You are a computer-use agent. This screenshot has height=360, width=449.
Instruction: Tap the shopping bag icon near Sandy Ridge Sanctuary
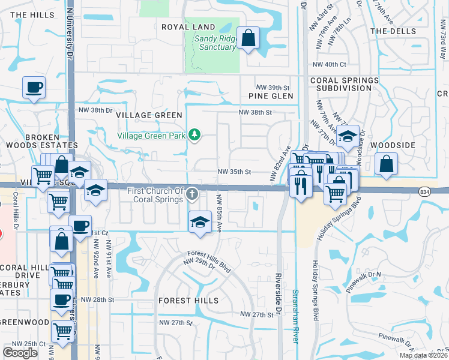coord(249,38)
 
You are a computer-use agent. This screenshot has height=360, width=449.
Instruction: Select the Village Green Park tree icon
coord(194,135)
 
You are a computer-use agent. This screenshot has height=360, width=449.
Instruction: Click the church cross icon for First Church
coord(192,193)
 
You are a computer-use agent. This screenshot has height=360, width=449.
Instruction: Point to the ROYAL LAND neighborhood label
coord(188,27)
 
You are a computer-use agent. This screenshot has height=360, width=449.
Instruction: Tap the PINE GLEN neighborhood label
coord(271,96)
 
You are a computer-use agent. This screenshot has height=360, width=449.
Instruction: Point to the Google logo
coord(20,353)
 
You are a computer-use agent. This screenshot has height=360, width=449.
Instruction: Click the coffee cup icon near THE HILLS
coord(34,88)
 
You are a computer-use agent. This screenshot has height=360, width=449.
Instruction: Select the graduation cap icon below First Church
coord(200,222)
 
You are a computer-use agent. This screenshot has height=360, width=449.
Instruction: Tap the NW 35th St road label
coord(234,172)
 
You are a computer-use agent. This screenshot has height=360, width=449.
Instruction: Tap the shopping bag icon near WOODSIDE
coord(387,163)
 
